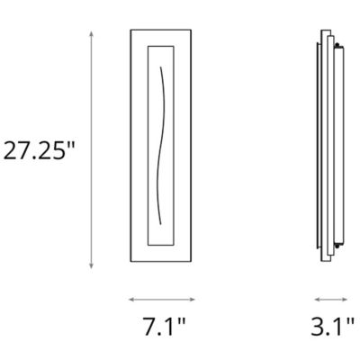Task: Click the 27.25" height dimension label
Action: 37,150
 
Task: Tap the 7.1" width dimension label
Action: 164,326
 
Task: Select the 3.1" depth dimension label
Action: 331,326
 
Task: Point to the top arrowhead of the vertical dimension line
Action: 92,31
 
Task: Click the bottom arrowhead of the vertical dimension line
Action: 92,267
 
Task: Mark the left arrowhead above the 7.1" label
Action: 130,299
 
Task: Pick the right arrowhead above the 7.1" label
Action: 195,299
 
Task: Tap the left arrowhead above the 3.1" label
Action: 316,299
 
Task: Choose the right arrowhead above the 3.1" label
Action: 347,299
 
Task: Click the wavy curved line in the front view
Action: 163,148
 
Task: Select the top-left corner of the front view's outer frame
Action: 130,30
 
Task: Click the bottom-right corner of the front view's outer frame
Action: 194,267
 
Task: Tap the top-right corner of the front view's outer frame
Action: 194,30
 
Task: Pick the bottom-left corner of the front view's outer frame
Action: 130,267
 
